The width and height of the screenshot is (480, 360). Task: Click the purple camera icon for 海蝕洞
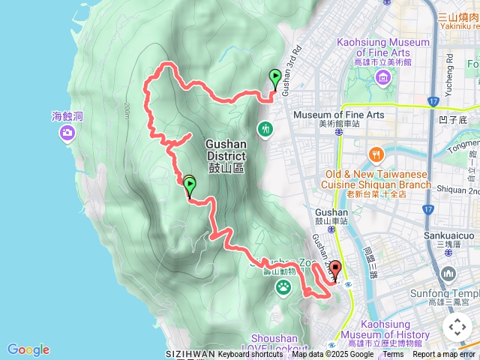pos(67,133)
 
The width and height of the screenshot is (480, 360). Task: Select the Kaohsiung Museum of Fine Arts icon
pos(383,78)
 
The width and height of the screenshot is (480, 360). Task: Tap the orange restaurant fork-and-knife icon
pos(376,155)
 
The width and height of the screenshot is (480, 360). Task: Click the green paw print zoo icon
pos(283,286)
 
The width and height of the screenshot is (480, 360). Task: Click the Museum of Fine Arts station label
pos(338,115)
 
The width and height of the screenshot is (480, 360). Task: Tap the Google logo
pos(28,349)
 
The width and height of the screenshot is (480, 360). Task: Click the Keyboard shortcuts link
pos(250,354)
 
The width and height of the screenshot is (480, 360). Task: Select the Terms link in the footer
pos(393,354)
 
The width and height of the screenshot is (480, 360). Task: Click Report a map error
pos(444,354)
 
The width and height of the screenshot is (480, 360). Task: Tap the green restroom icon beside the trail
pos(265,130)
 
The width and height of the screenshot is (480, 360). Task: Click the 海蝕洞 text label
pos(67,116)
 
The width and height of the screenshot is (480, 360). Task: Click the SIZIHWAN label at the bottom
pos(190,354)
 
